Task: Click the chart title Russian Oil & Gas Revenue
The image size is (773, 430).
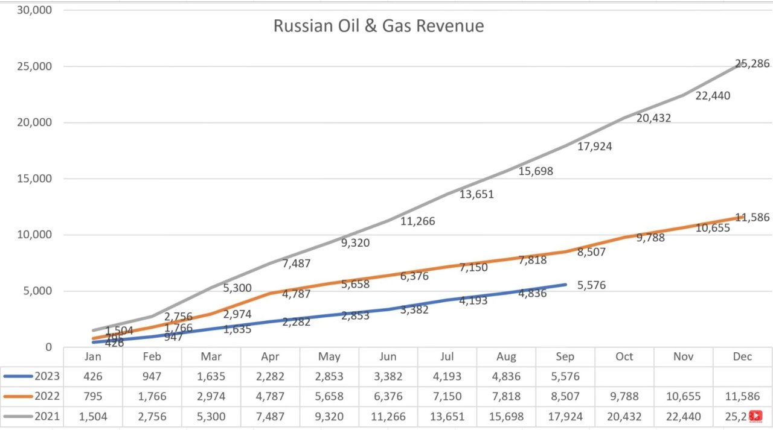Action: [x=378, y=27]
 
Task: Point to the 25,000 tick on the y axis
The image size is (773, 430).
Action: [x=34, y=66]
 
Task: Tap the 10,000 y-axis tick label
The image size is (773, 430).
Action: [x=34, y=235]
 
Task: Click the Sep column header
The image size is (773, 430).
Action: [x=565, y=356]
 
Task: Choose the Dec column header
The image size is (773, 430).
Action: [x=742, y=356]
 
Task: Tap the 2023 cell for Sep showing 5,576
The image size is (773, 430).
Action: [x=565, y=376]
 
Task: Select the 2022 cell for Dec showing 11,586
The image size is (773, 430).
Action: [x=742, y=396]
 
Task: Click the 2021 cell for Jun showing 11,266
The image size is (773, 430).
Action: [x=388, y=416]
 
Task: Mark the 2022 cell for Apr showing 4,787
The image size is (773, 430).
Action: [x=270, y=396]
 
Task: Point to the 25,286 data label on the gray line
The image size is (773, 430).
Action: [x=752, y=63]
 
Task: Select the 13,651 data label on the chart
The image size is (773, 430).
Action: [x=476, y=194]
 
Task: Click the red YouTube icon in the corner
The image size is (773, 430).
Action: [x=755, y=416]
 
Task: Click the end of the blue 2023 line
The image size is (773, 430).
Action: [x=565, y=284]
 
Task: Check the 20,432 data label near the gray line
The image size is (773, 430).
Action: [x=653, y=118]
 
